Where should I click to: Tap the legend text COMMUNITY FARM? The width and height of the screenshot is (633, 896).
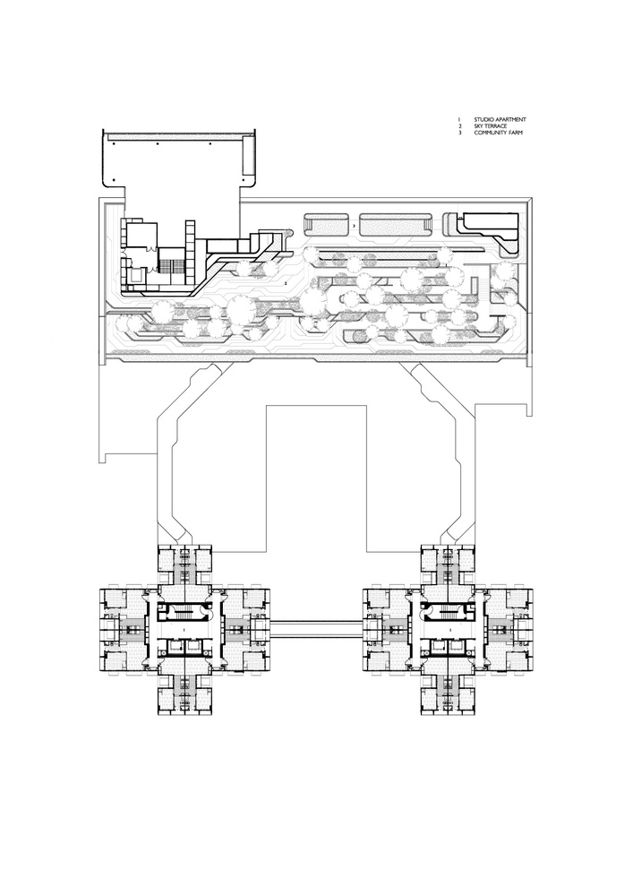(x=498, y=133)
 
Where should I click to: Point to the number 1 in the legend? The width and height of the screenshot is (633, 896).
(x=458, y=120)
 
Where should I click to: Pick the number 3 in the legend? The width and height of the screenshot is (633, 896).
(x=458, y=133)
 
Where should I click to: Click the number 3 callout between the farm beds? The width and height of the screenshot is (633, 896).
(x=354, y=228)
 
